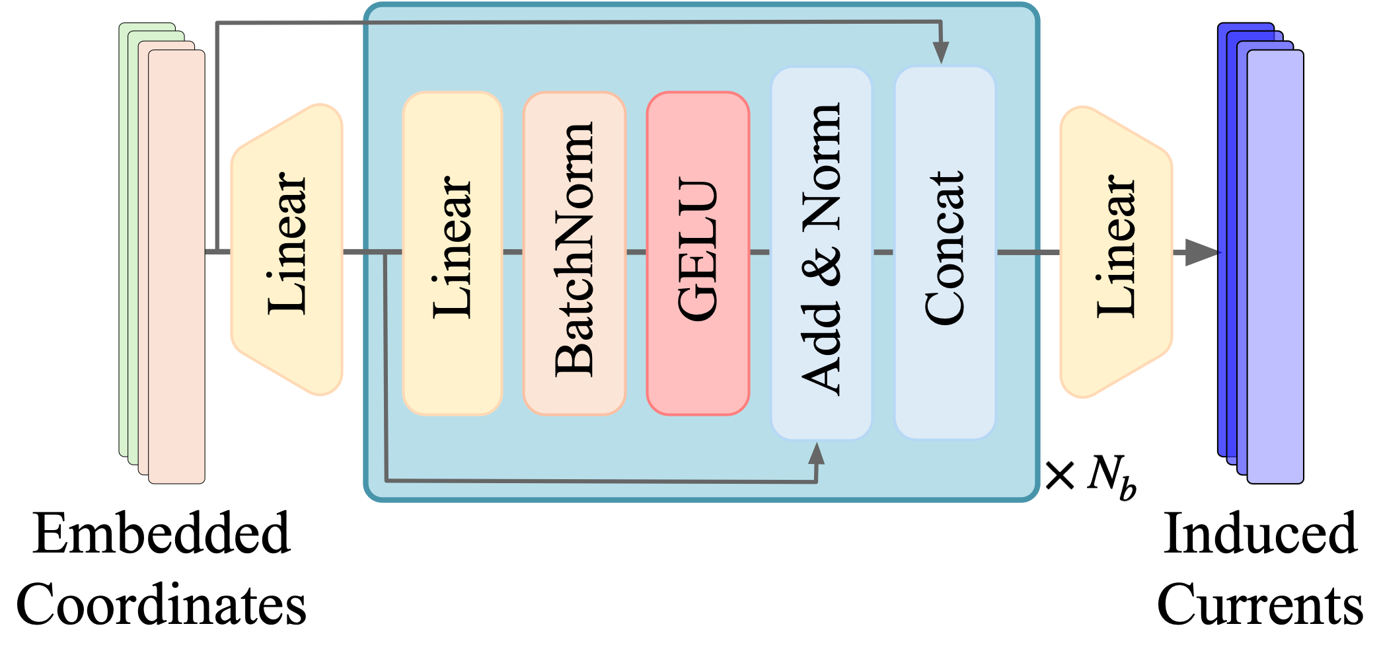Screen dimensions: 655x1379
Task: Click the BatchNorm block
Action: pos(574,254)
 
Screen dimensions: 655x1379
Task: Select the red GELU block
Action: pos(698,254)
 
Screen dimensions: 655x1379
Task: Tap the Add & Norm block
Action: pos(821,254)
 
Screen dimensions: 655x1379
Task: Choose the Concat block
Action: pos(945,254)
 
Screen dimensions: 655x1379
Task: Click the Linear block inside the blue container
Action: pos(453,254)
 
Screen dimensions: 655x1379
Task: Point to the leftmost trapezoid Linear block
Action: pos(287,250)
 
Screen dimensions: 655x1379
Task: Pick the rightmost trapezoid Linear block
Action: pos(1116,252)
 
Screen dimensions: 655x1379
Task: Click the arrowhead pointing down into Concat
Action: pos(941,53)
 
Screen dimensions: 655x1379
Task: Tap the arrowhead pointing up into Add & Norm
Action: pos(817,454)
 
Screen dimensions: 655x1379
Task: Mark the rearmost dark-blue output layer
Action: pos(1222,238)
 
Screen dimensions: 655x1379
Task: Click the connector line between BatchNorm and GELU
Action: pos(636,252)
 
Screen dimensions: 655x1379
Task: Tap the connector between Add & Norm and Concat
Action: pos(883,252)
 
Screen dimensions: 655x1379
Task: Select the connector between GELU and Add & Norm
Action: pos(760,252)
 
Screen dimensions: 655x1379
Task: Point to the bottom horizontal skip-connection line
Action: pos(595,481)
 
